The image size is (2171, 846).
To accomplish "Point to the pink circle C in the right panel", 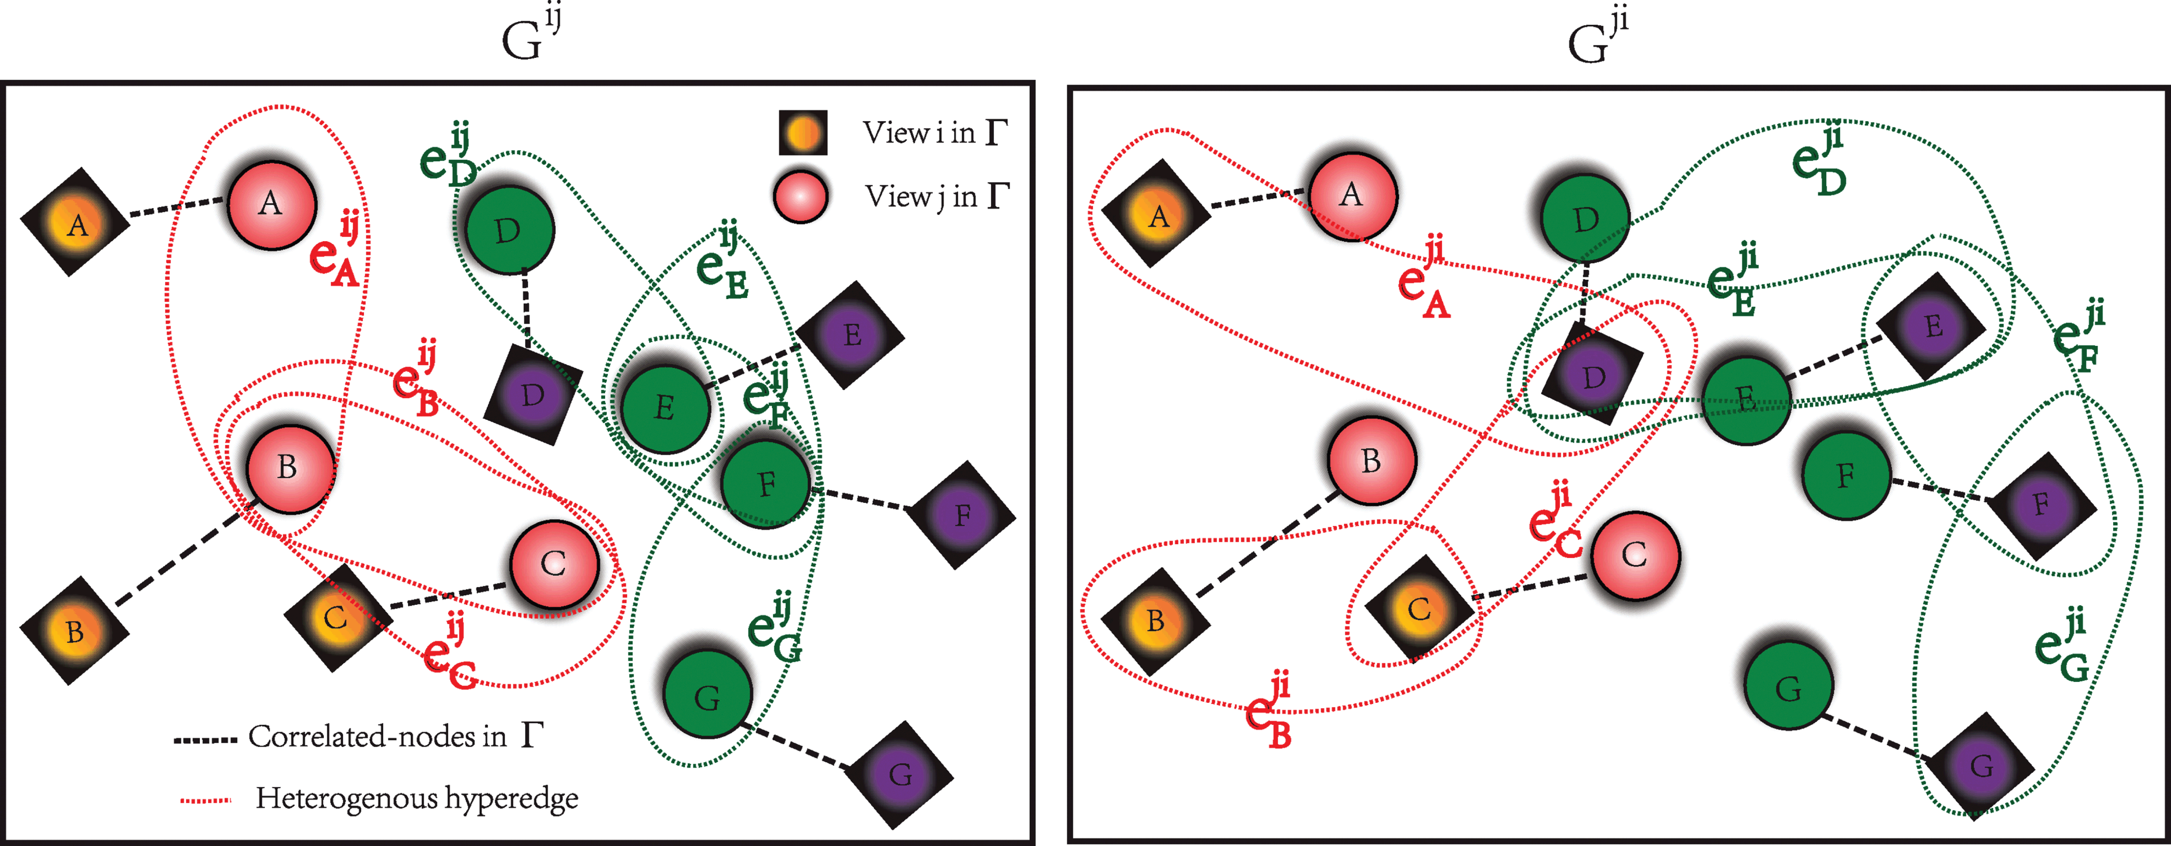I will [x=1634, y=555].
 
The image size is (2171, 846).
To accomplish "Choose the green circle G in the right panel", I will [x=1787, y=689].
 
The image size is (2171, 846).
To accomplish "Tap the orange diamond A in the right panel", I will [x=1158, y=216].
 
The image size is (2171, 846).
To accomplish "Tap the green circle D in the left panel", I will [x=509, y=229].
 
